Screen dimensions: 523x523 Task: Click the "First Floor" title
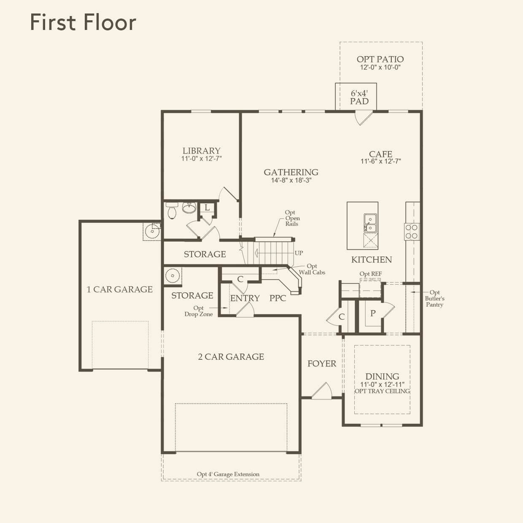click(x=83, y=22)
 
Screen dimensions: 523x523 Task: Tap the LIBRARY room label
click(x=201, y=151)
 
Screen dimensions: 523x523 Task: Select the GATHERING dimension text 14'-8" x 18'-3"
click(x=291, y=180)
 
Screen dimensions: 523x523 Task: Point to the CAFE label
click(x=380, y=154)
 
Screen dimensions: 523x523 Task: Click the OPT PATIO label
click(x=380, y=59)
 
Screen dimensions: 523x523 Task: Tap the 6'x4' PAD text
click(x=359, y=97)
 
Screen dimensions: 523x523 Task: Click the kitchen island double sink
click(x=370, y=223)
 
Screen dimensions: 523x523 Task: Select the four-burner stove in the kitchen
click(x=412, y=232)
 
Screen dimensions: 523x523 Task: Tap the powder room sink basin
click(x=189, y=208)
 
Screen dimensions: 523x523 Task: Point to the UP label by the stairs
click(x=299, y=253)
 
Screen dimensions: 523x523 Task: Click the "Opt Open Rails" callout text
click(x=292, y=218)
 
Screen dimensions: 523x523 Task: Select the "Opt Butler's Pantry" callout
click(x=434, y=298)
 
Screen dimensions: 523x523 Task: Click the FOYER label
click(x=322, y=364)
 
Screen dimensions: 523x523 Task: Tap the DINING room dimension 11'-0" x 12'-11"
click(x=382, y=384)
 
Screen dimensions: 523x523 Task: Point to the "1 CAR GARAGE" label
click(x=119, y=289)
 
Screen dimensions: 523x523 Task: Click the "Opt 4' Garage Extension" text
click(x=228, y=474)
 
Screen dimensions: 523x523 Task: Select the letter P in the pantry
click(x=373, y=313)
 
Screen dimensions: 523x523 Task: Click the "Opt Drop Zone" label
click(x=198, y=311)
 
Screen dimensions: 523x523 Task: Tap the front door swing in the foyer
click(x=322, y=391)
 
